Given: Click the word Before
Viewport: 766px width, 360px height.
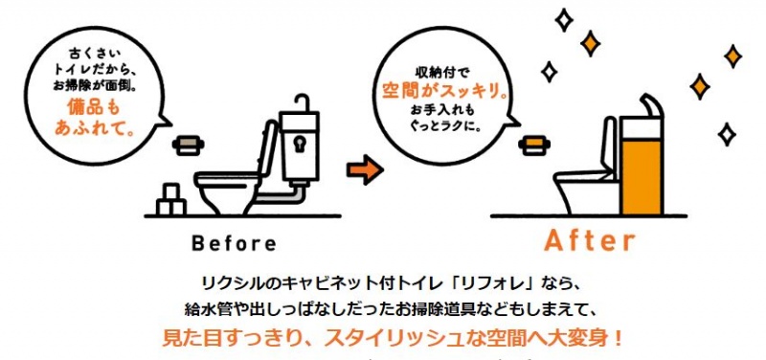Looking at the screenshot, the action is [x=234, y=243].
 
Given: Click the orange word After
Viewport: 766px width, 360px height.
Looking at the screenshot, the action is [x=590, y=240].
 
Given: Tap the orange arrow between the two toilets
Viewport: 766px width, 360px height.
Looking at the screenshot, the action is [x=365, y=169].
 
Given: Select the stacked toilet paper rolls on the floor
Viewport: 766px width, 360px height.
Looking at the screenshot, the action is [x=170, y=200].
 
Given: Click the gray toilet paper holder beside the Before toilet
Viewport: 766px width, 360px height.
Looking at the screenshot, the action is [x=188, y=146].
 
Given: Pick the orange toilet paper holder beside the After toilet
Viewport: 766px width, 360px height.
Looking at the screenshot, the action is [x=534, y=146].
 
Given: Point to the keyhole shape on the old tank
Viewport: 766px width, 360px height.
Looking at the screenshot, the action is [x=299, y=143].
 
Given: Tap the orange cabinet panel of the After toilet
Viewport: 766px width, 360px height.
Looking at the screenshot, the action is [x=641, y=176].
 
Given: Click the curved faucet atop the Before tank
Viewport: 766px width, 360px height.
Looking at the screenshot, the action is [x=302, y=101].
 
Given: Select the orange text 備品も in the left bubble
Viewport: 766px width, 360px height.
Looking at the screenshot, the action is [x=93, y=107].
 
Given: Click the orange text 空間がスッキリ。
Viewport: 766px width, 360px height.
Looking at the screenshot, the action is [x=444, y=91].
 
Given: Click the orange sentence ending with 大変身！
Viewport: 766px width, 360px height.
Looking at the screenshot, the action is [x=393, y=339].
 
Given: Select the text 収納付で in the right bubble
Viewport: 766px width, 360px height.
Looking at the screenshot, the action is [x=442, y=73].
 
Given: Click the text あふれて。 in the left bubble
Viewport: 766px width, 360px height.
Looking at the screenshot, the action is [x=93, y=128].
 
